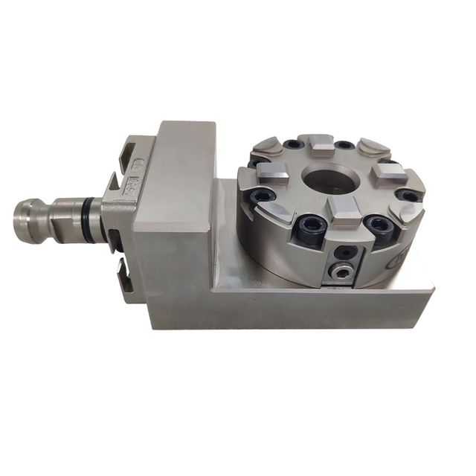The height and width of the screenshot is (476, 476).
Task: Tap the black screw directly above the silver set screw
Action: [342, 254]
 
